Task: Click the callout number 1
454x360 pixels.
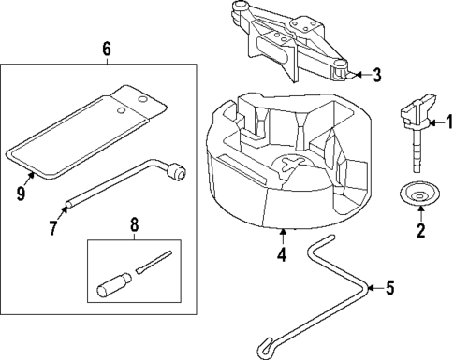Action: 447,120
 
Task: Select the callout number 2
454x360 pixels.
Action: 420,228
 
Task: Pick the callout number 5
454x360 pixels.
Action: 391,288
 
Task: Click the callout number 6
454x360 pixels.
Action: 106,48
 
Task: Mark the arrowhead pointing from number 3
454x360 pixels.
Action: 358,75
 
